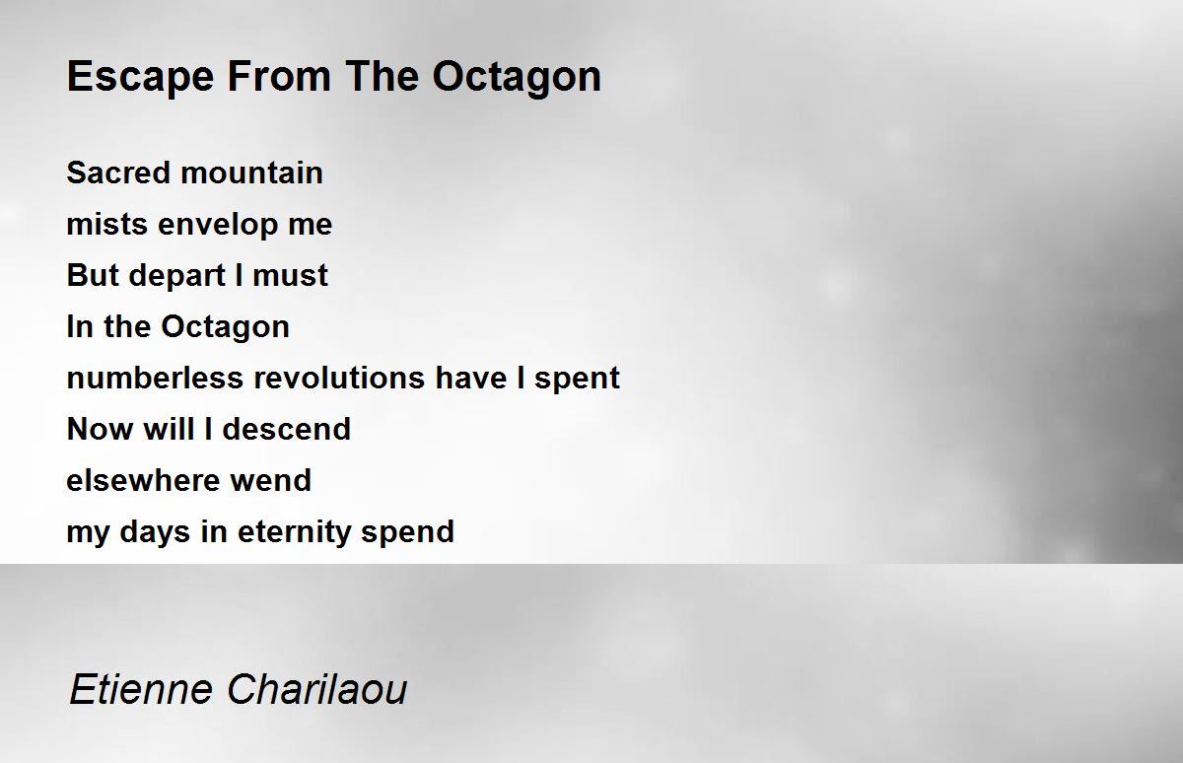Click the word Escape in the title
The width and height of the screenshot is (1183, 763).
pos(140,78)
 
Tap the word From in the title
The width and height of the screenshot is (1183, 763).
pos(279,76)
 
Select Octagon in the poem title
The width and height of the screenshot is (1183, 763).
pos(517,78)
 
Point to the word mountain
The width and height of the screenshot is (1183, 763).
pos(252,173)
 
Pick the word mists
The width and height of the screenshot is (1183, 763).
pos(107,224)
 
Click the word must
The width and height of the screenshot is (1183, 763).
pos(291,276)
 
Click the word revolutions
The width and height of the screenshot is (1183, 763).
pos(339,378)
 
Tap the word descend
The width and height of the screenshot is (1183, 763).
pos(287,429)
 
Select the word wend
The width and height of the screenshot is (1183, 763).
pos(271,480)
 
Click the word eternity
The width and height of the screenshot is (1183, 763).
pos(294,532)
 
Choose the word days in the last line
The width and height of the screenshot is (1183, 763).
pos(155,532)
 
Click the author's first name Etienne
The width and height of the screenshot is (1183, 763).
pos(141,689)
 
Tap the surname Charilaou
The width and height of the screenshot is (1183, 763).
pos(317,689)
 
